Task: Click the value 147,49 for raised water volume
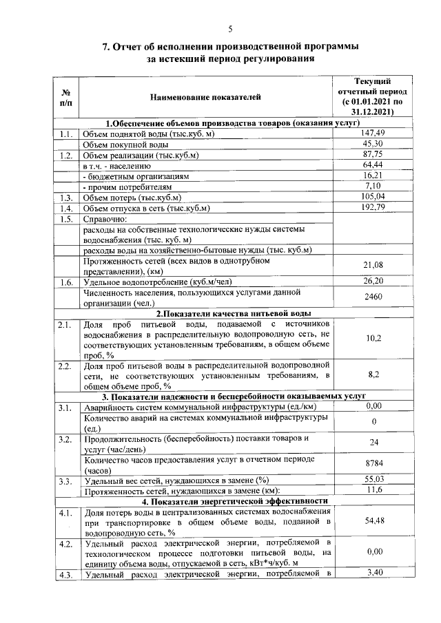tap(373, 133)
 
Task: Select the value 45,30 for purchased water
tap(373, 144)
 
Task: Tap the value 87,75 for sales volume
tap(373, 155)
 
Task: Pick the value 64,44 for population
tap(373, 165)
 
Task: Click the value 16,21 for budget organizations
tap(373, 176)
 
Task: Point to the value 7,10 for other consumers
tap(373, 187)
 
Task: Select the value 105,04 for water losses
tap(373, 198)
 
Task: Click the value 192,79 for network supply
tap(373, 208)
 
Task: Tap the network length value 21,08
tap(373, 266)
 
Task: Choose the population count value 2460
tap(373, 297)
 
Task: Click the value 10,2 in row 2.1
tap(373, 339)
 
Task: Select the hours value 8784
tap(373, 465)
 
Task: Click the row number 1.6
tap(67, 282)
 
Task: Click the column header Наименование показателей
tap(206, 98)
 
